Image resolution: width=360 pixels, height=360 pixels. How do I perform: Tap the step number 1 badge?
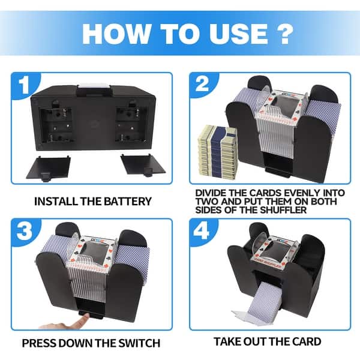(x=25, y=85)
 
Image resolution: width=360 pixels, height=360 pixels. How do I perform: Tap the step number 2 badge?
(x=203, y=84)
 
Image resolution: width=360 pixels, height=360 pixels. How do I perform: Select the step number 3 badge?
(x=25, y=230)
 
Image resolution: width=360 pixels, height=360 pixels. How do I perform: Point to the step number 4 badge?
(x=202, y=231)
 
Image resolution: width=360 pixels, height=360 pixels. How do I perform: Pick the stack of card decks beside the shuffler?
(x=217, y=152)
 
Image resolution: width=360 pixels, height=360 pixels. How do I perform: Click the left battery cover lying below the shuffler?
(x=49, y=168)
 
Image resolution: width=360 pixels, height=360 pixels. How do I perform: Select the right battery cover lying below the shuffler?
(x=142, y=165)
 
